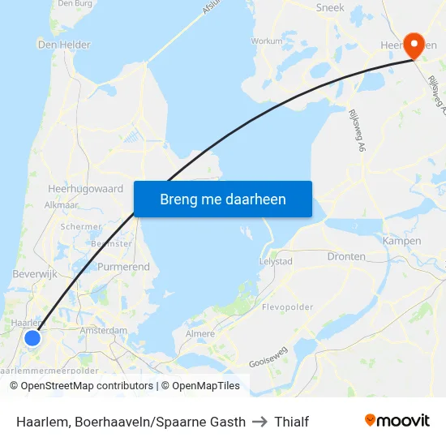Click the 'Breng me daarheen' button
(223, 199)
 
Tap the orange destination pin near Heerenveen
(414, 45)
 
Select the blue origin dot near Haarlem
(32, 337)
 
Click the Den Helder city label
(64, 45)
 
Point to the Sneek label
(331, 7)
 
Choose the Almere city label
(200, 333)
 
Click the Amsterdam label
(104, 331)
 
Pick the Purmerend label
(123, 267)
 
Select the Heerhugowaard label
(85, 188)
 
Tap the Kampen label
(402, 241)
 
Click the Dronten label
(346, 256)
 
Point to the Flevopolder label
(287, 308)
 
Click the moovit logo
(397, 421)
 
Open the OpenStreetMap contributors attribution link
(83, 386)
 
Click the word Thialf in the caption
(291, 422)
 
